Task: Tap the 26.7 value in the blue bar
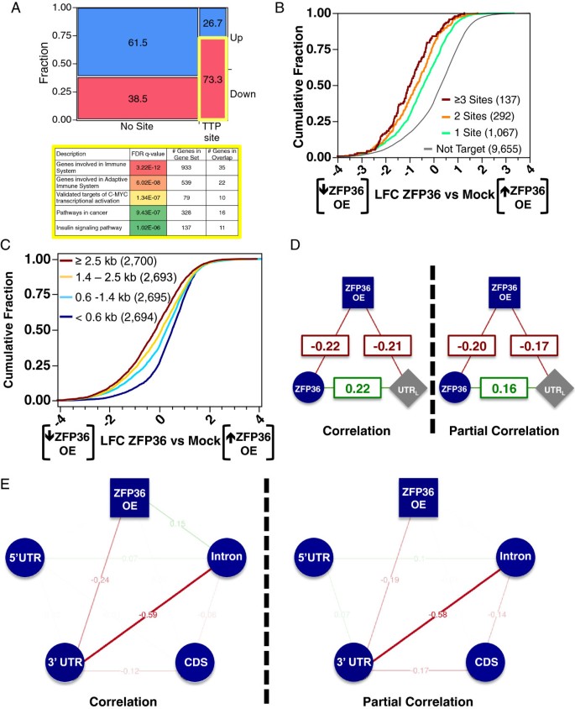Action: (210, 21)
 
